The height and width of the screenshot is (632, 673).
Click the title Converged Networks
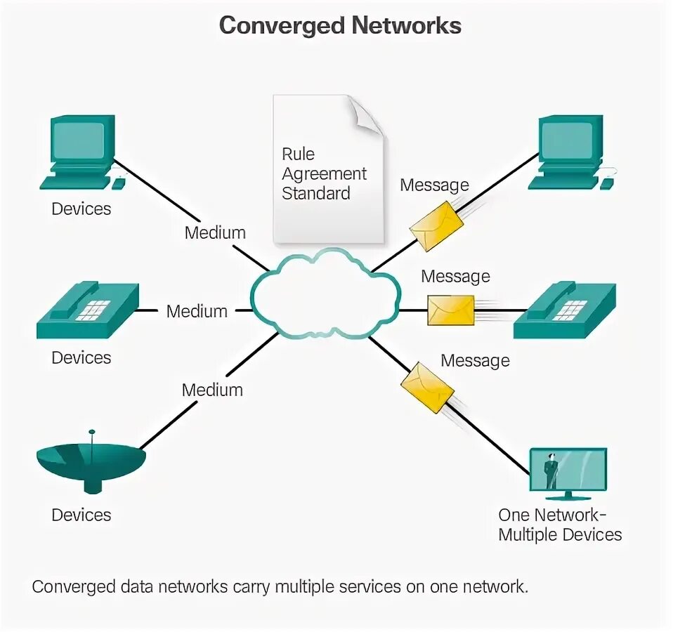point(340,26)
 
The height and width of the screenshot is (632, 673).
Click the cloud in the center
point(325,293)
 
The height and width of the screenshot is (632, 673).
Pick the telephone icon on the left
point(88,310)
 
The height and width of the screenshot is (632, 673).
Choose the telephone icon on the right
point(565,310)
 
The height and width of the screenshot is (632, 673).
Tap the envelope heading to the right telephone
point(451,310)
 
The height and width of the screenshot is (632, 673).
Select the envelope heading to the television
point(427,387)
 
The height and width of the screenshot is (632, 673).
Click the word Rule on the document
point(298,154)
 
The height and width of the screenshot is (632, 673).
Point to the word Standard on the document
point(315,193)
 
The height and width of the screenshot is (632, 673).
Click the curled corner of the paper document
point(367,116)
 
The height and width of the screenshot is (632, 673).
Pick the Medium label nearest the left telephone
point(197,311)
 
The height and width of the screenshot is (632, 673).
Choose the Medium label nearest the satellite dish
point(212,390)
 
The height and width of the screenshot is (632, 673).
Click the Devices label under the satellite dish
point(81,515)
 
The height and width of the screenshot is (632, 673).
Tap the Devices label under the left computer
point(81,209)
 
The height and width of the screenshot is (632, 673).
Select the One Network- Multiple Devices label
point(560,525)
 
